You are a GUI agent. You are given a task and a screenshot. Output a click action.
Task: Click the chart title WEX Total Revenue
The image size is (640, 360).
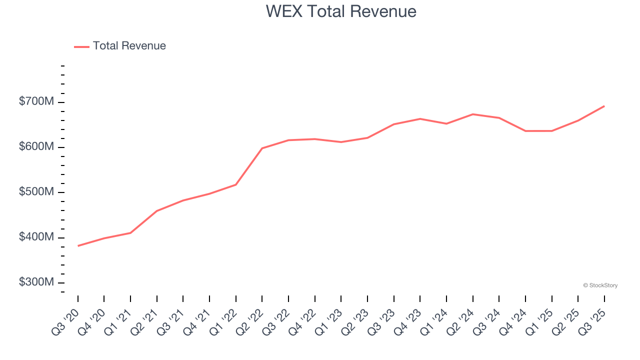[341, 11]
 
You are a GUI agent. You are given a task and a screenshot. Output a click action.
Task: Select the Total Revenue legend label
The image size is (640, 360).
[129, 46]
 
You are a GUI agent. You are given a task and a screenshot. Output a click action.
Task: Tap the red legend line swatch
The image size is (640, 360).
[81, 46]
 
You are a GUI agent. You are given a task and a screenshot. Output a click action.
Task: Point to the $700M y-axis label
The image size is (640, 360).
[36, 102]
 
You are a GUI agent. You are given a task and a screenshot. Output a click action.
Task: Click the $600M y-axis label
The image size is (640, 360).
[36, 147]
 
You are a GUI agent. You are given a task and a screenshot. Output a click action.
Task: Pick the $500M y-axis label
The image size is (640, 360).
[36, 192]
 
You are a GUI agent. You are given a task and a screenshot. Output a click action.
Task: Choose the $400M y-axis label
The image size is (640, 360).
[36, 237]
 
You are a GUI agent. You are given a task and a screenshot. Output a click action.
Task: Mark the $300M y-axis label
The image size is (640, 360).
[36, 282]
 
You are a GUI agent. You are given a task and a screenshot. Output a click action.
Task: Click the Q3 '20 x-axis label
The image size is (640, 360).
[66, 321]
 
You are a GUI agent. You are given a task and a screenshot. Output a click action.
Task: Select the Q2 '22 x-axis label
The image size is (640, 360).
[250, 321]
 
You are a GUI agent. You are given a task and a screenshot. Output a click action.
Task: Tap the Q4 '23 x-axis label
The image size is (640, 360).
[408, 321]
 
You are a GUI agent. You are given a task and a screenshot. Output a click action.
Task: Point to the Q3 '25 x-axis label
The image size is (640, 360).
[592, 321]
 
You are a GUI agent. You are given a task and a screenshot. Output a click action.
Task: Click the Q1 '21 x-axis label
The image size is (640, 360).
[118, 321]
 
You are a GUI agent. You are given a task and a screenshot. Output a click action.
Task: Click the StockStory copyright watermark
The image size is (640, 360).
[600, 285]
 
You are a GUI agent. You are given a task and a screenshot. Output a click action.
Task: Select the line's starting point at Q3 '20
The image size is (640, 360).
[78, 246]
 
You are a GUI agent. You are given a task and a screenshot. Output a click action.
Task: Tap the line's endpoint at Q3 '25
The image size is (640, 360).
[604, 106]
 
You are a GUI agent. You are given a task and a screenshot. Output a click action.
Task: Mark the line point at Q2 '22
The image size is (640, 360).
[262, 148]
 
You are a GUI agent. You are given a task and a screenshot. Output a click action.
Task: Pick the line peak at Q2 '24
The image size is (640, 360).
[472, 114]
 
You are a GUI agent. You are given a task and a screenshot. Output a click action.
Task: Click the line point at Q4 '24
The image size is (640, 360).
[525, 131]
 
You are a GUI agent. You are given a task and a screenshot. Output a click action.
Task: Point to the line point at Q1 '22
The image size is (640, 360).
[236, 184]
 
